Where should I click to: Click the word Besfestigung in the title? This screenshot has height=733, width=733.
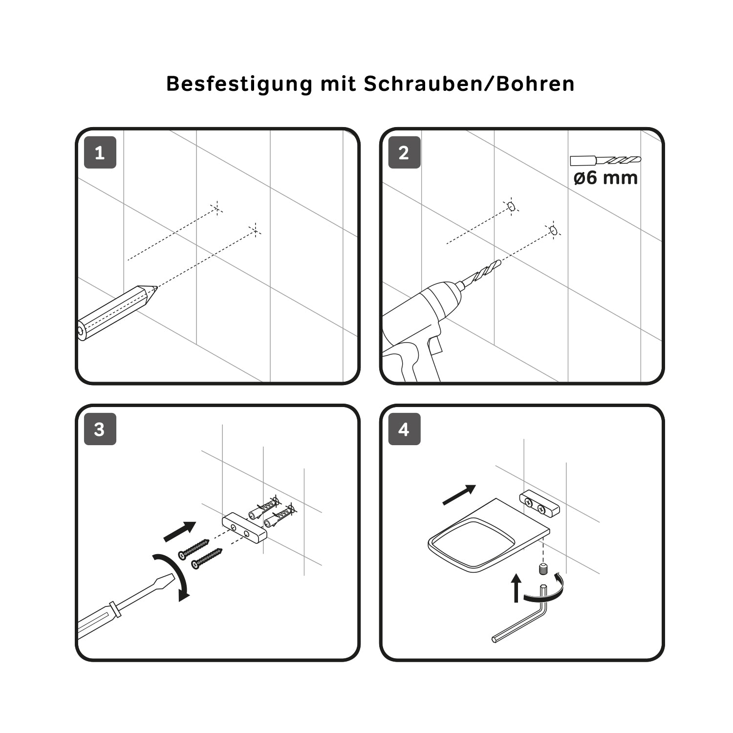(x=239, y=84)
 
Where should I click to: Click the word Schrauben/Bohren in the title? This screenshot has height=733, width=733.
(x=469, y=84)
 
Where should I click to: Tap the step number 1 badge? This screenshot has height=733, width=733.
(x=100, y=152)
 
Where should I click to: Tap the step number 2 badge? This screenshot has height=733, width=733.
(x=404, y=152)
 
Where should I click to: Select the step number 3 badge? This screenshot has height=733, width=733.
(x=100, y=429)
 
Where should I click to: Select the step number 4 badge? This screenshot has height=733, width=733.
(x=404, y=429)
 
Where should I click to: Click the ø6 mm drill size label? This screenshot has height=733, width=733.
(x=606, y=177)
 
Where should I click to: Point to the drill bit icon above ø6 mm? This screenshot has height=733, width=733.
(x=605, y=160)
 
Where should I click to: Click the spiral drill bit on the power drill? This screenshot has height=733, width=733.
(x=481, y=274)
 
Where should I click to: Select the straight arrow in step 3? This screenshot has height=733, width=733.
(x=179, y=532)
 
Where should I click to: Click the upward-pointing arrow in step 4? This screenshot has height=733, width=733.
(x=516, y=588)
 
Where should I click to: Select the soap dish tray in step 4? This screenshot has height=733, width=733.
(x=489, y=535)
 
